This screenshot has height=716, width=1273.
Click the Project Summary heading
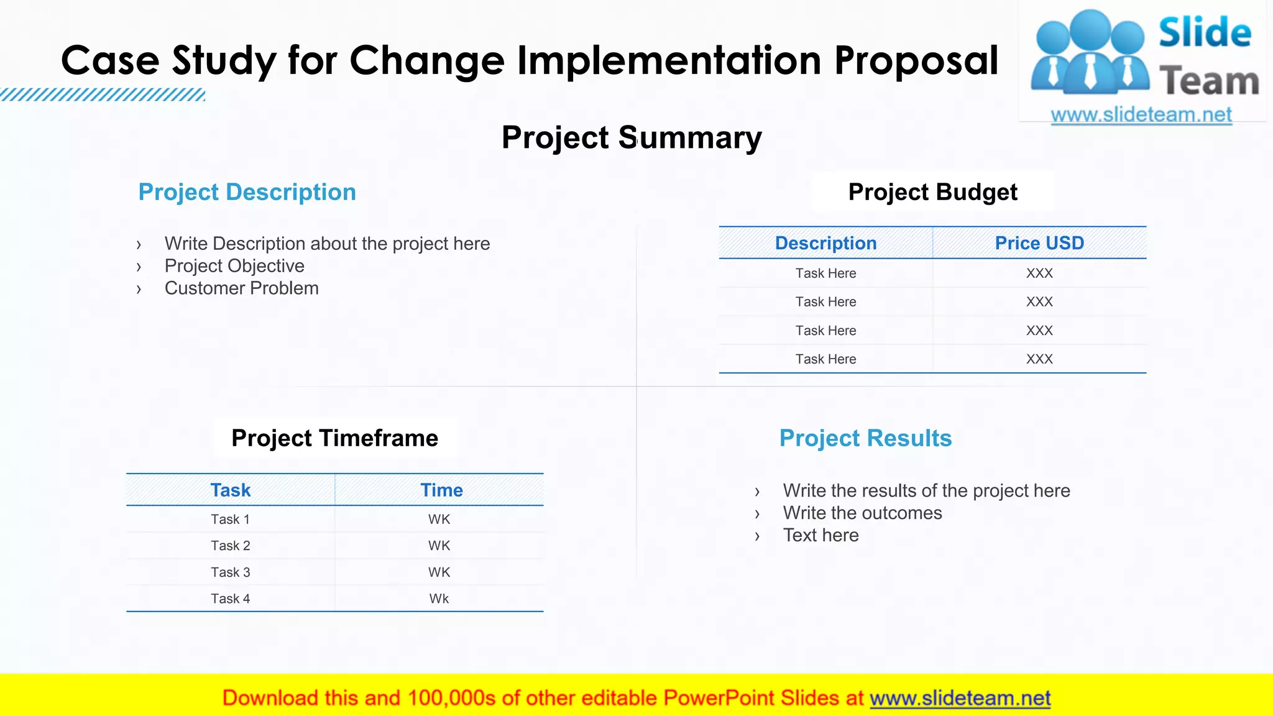click(x=632, y=137)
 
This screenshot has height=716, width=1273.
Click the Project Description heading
click(x=247, y=192)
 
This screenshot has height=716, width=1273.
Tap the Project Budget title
click(x=932, y=192)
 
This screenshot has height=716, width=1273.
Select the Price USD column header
click(x=1039, y=243)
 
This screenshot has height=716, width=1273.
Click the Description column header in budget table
click(x=825, y=243)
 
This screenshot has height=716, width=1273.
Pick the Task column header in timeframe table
click(x=231, y=490)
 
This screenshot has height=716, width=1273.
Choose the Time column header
click(x=441, y=490)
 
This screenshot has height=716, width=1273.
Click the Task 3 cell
click(x=231, y=572)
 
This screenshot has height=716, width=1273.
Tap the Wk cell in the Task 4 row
click(x=439, y=599)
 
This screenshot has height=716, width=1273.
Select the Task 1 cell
click(x=231, y=520)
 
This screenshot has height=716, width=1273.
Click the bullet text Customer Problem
click(x=241, y=288)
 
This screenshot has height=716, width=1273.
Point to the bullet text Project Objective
click(x=234, y=266)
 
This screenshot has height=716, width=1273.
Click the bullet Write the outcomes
click(x=862, y=513)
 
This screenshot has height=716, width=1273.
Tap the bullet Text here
click(x=820, y=536)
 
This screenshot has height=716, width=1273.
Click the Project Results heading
click(x=865, y=438)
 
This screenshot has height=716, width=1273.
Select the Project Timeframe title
click(x=334, y=438)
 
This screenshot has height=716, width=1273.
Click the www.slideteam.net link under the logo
click(x=1141, y=115)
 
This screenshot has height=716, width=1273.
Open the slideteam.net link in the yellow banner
click(x=960, y=699)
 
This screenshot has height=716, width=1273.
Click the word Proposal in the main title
click(x=916, y=61)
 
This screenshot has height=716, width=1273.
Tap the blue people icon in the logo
click(x=1089, y=53)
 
